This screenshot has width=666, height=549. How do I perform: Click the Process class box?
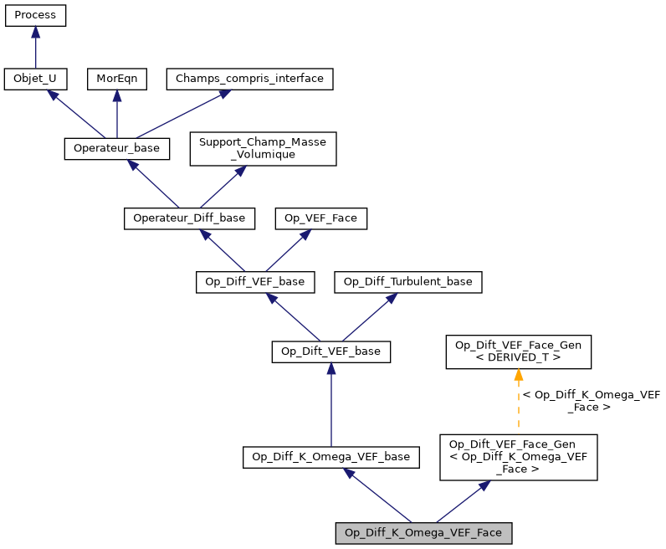(x=35, y=15)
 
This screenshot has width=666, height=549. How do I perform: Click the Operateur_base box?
(x=117, y=148)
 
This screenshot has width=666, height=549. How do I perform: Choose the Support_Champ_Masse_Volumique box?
(x=263, y=148)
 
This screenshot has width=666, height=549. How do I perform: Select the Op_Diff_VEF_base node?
(x=255, y=281)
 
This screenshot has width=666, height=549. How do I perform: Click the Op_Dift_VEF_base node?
(x=331, y=351)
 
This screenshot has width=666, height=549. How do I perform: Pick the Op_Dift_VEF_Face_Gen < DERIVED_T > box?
(x=518, y=351)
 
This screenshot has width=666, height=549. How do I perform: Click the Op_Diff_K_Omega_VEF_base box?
(x=331, y=456)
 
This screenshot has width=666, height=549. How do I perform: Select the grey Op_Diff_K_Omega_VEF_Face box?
(x=423, y=532)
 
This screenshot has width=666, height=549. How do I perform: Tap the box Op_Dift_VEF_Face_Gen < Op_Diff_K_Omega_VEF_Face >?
(x=519, y=457)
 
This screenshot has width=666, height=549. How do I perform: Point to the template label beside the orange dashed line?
(x=590, y=401)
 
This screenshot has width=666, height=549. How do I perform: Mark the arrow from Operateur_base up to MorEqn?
(x=116, y=113)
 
